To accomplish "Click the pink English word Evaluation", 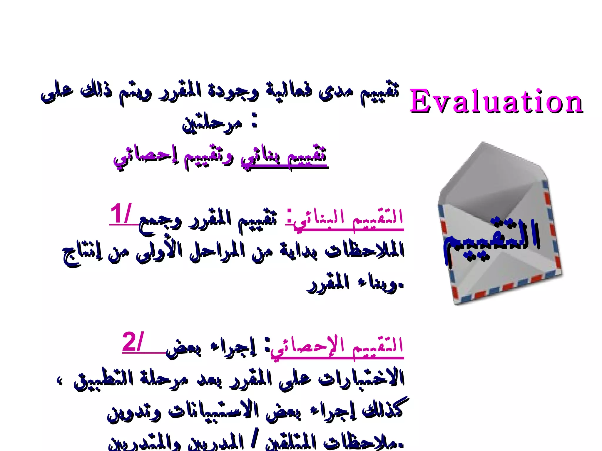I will [x=496, y=101].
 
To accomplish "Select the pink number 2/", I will [x=133, y=342].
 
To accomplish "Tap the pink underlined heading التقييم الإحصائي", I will [x=337, y=346].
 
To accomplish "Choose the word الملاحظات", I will [x=364, y=251].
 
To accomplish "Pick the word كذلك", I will [x=382, y=410].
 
